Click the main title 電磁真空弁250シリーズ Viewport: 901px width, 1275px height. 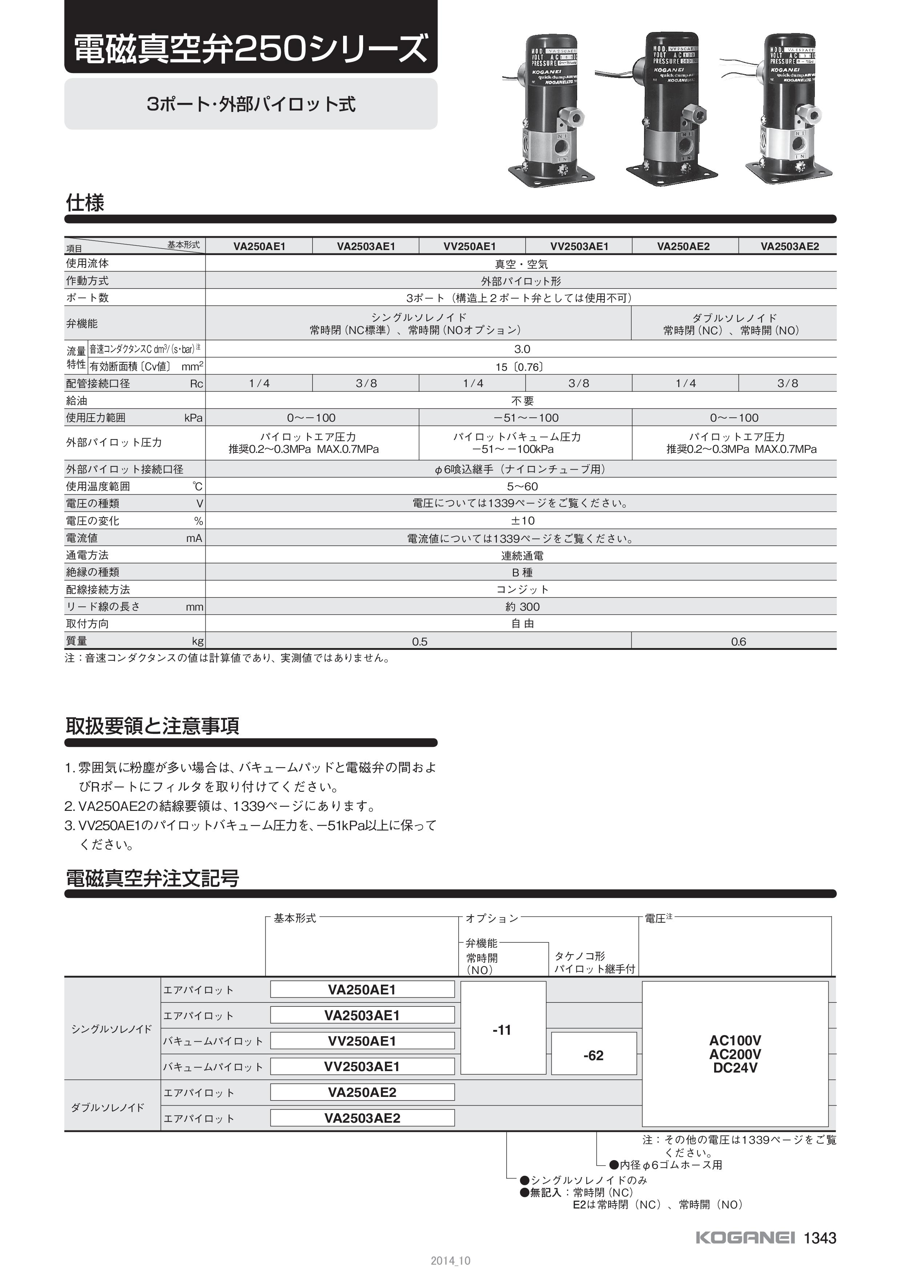click(x=250, y=49)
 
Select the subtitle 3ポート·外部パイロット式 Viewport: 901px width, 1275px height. click(x=251, y=104)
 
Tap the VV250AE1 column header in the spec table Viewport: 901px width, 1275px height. click(x=472, y=246)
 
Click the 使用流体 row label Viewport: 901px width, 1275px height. click(x=87, y=263)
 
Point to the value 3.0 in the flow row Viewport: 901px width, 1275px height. click(x=522, y=349)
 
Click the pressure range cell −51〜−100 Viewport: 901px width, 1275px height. click(x=524, y=418)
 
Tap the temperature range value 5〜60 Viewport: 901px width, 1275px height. click(x=522, y=486)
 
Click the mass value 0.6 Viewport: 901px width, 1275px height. click(x=738, y=642)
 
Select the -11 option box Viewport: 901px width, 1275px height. click(x=502, y=1030)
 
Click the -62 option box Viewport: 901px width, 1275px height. click(x=594, y=1055)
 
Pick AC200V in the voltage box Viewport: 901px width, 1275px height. click(x=735, y=1054)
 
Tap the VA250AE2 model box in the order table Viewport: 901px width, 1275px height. click(x=362, y=1092)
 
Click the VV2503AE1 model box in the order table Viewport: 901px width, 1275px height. click(x=362, y=1067)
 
